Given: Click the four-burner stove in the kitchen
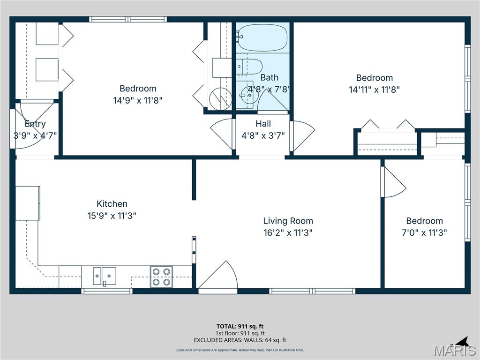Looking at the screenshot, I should click(161, 277).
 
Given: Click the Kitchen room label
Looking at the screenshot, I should click(112, 204).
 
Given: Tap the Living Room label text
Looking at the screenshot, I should click(288, 221).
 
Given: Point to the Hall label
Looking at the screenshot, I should click(263, 124).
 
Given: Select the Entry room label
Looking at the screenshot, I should click(35, 124).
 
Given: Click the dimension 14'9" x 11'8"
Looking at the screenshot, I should click(138, 100).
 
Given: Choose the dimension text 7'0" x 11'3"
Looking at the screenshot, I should click(424, 232).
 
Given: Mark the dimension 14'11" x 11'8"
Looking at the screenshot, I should click(374, 90).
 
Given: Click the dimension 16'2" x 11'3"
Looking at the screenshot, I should click(288, 232).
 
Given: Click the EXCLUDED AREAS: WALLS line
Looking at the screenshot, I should click(240, 340).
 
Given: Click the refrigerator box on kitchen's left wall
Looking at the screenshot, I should click(28, 203).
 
